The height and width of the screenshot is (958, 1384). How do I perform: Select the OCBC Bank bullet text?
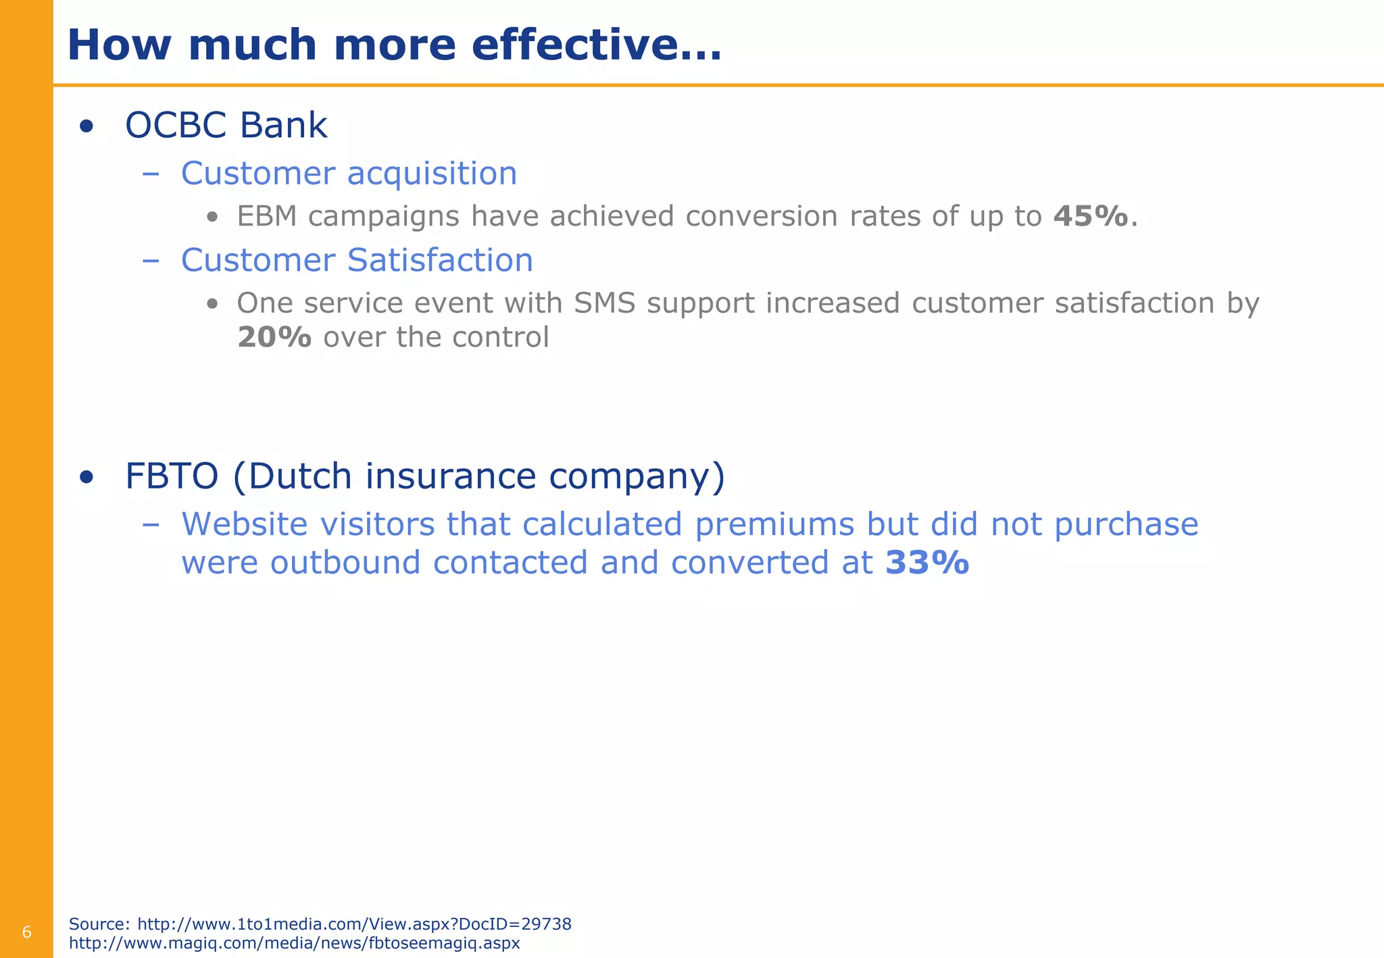[x=226, y=126]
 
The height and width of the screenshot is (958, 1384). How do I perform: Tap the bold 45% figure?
[x=1091, y=216]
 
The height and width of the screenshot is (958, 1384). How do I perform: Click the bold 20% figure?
[x=274, y=337]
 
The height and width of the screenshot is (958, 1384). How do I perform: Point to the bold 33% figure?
[x=927, y=563]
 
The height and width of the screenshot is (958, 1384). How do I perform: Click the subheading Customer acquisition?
[x=349, y=174]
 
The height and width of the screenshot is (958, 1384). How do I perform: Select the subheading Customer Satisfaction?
[x=357, y=260]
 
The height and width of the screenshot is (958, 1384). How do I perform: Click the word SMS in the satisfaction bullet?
[x=605, y=303]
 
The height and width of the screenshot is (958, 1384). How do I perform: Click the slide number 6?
[x=27, y=933]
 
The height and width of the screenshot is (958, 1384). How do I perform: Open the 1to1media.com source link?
[x=354, y=924]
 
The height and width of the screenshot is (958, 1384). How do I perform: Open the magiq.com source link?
[x=295, y=943]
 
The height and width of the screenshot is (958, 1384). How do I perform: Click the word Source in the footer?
[x=99, y=924]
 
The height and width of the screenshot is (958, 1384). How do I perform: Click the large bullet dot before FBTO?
[x=86, y=478]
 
